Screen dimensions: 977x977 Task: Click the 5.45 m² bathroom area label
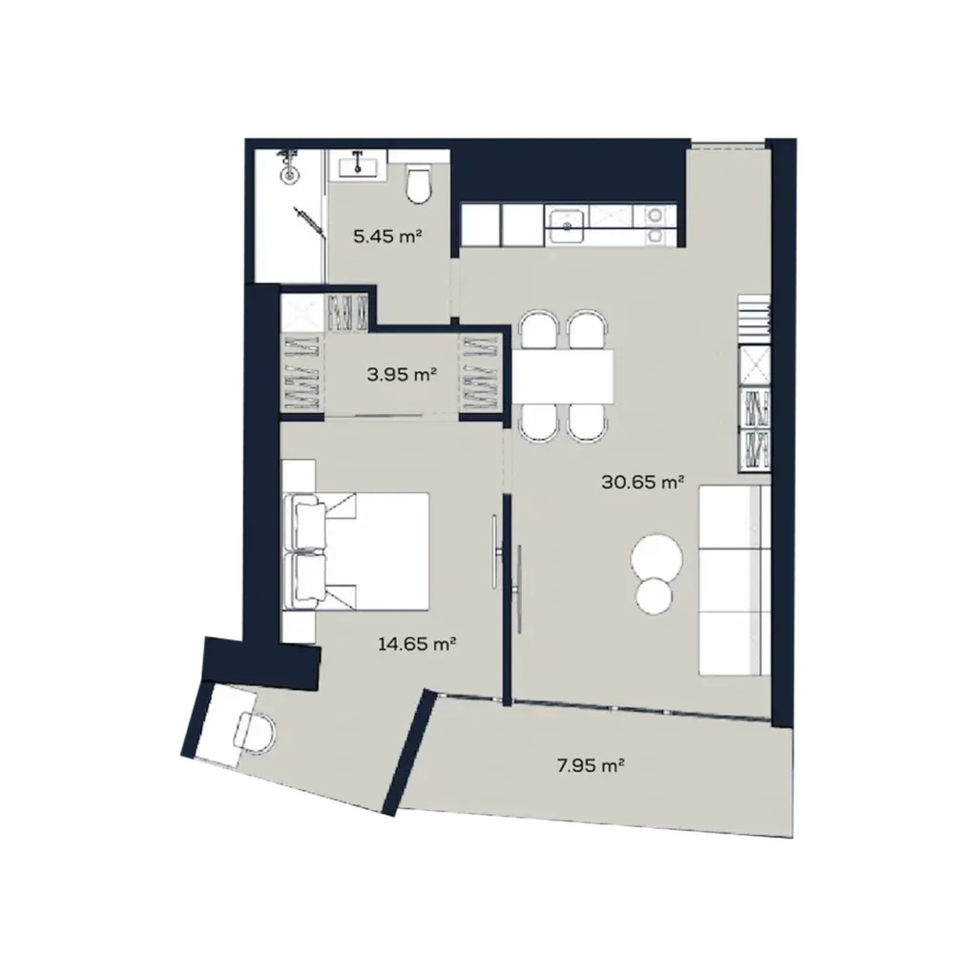tap(388, 237)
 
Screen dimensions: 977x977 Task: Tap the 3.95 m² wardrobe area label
tap(402, 374)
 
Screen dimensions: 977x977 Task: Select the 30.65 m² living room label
tap(644, 482)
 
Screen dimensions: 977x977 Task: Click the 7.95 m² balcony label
tap(591, 765)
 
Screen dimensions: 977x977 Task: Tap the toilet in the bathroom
tap(418, 182)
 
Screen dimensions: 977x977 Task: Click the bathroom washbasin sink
tap(358, 166)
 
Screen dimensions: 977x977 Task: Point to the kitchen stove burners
tap(655, 225)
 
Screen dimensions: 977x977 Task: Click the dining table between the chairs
tap(563, 376)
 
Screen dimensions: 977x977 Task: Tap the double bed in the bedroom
tap(357, 551)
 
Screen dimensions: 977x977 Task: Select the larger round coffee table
tap(656, 556)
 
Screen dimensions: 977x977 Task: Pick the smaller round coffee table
tap(655, 595)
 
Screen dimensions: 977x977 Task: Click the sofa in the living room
tap(735, 581)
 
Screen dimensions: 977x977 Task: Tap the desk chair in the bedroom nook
tap(254, 733)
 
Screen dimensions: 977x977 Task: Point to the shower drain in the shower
tap(290, 176)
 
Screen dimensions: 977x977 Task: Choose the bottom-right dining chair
tap(587, 423)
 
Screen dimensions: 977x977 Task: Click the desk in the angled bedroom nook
tap(225, 725)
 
